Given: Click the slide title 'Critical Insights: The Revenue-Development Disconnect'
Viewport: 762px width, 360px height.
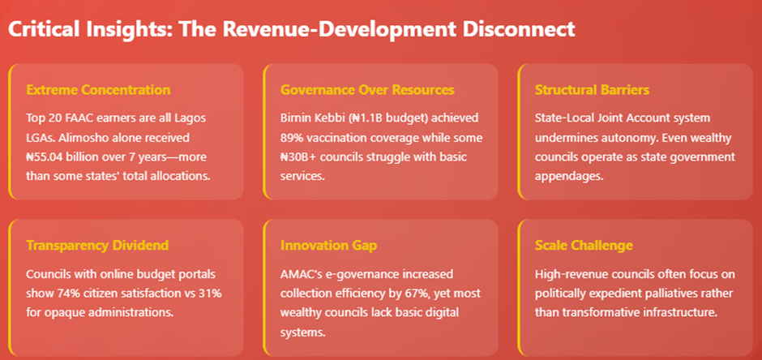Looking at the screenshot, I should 291,28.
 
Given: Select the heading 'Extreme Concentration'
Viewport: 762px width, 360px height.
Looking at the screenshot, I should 98,89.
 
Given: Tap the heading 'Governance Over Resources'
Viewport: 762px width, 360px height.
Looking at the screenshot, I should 367,89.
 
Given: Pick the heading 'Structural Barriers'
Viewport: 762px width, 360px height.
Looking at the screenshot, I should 592,89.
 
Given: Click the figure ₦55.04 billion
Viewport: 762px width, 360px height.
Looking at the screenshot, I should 67,156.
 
